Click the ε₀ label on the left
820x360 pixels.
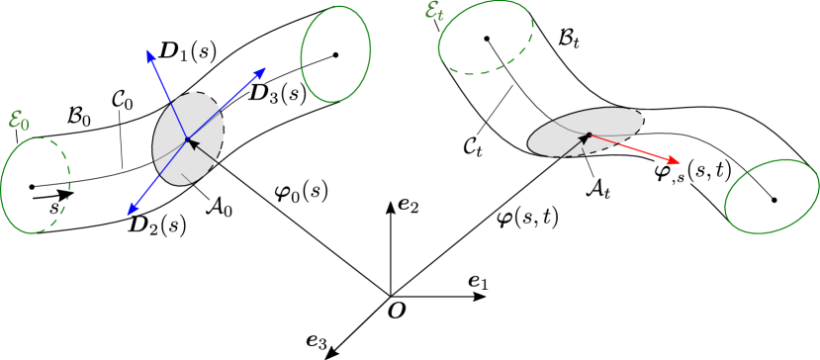(x=19, y=120)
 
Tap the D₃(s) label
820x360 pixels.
(x=276, y=93)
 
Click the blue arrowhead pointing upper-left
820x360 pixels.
(x=149, y=53)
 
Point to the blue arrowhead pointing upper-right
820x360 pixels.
(x=262, y=71)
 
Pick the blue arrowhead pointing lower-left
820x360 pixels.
(x=131, y=210)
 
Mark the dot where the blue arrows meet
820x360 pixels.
(x=186, y=139)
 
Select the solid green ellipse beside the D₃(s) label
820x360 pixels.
(x=335, y=53)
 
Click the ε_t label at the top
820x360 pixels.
(x=433, y=11)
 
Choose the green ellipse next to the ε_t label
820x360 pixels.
(x=485, y=38)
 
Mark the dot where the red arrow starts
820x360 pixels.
(x=589, y=135)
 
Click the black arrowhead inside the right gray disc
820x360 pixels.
(x=584, y=139)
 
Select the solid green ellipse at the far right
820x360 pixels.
(x=772, y=196)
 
